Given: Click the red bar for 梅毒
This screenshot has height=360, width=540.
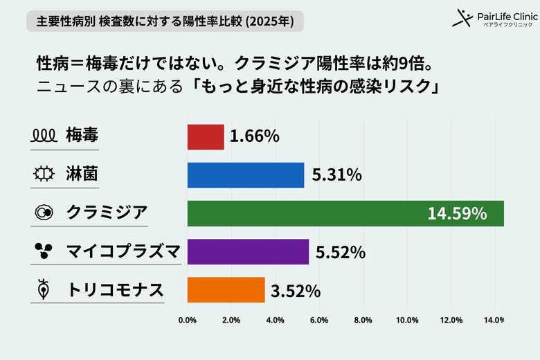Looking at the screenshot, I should [x=206, y=137].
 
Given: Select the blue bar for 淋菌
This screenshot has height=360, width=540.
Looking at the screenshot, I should [x=246, y=175].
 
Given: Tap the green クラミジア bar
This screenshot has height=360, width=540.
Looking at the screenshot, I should [x=345, y=213].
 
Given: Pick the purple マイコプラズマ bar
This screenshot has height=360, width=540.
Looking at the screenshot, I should [x=248, y=252].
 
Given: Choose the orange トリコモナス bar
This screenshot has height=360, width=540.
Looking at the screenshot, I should [x=226, y=290].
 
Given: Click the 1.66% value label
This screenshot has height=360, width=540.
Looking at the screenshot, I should [x=254, y=137].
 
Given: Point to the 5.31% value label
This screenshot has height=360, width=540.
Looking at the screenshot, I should [x=336, y=175].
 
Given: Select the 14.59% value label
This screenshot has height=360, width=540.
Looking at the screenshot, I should [x=457, y=213].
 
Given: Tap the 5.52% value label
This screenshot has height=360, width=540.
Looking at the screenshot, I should [x=340, y=252].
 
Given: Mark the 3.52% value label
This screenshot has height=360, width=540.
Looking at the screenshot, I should [x=296, y=290].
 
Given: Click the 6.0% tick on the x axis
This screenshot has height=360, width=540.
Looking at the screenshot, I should [x=319, y=321].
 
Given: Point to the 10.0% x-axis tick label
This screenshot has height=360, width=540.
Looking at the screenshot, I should [x=407, y=321].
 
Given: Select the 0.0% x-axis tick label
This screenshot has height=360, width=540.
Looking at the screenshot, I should [x=188, y=321].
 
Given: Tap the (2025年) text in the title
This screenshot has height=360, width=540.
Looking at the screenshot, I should [x=269, y=21].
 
